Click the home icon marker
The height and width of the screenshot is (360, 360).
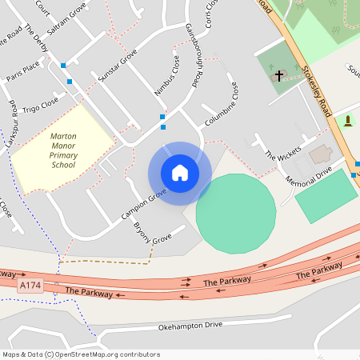(x=180, y=173)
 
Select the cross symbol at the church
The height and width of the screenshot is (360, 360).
(x=279, y=77)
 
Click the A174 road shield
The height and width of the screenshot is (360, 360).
(x=30, y=286)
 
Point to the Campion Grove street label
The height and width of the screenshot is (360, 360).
(x=143, y=205)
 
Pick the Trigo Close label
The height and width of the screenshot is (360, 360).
(x=41, y=106)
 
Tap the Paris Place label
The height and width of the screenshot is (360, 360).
(x=23, y=70)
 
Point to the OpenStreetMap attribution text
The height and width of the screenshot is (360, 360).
(x=80, y=354)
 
